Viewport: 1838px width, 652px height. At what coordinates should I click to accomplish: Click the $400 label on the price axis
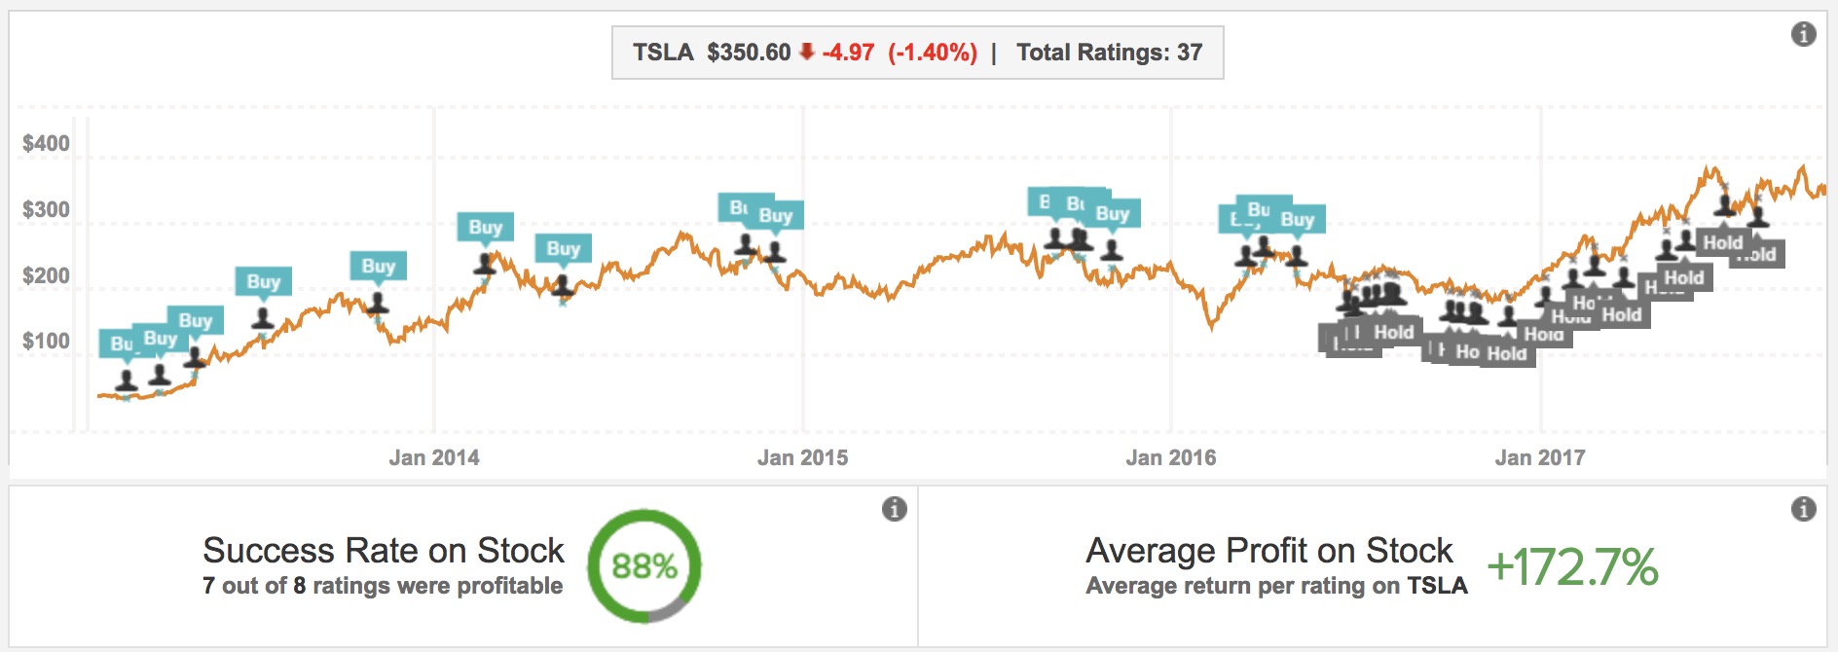[x=46, y=144]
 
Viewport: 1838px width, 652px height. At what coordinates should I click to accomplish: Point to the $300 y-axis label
[x=46, y=210]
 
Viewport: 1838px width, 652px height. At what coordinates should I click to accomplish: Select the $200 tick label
[x=46, y=276]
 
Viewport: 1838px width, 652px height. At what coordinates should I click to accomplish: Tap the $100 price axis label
[x=46, y=342]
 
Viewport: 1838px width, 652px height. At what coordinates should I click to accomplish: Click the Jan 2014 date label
[x=434, y=457]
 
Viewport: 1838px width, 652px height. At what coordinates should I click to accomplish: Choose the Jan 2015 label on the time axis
[x=802, y=457]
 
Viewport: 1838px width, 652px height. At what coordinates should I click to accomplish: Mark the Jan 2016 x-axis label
[x=1170, y=457]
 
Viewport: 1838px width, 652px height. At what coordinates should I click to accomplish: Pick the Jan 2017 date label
[x=1539, y=457]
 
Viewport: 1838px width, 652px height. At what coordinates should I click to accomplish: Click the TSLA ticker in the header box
[x=663, y=53]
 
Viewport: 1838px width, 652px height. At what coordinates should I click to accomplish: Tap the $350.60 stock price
[x=749, y=53]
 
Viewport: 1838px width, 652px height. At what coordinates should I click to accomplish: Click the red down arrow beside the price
[x=806, y=52]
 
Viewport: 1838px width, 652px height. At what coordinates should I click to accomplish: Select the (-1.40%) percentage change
[x=932, y=53]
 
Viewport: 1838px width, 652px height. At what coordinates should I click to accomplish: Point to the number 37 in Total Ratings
[x=1190, y=53]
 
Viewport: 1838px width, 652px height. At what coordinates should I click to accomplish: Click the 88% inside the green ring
[x=644, y=566]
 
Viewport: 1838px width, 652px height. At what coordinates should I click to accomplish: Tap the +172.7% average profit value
[x=1572, y=566]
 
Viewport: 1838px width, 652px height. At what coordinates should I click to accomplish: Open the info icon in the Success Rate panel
[x=894, y=509]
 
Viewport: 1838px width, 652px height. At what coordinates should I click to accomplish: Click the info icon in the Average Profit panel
[x=1803, y=509]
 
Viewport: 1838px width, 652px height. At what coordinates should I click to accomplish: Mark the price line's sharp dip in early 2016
[x=1211, y=326]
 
